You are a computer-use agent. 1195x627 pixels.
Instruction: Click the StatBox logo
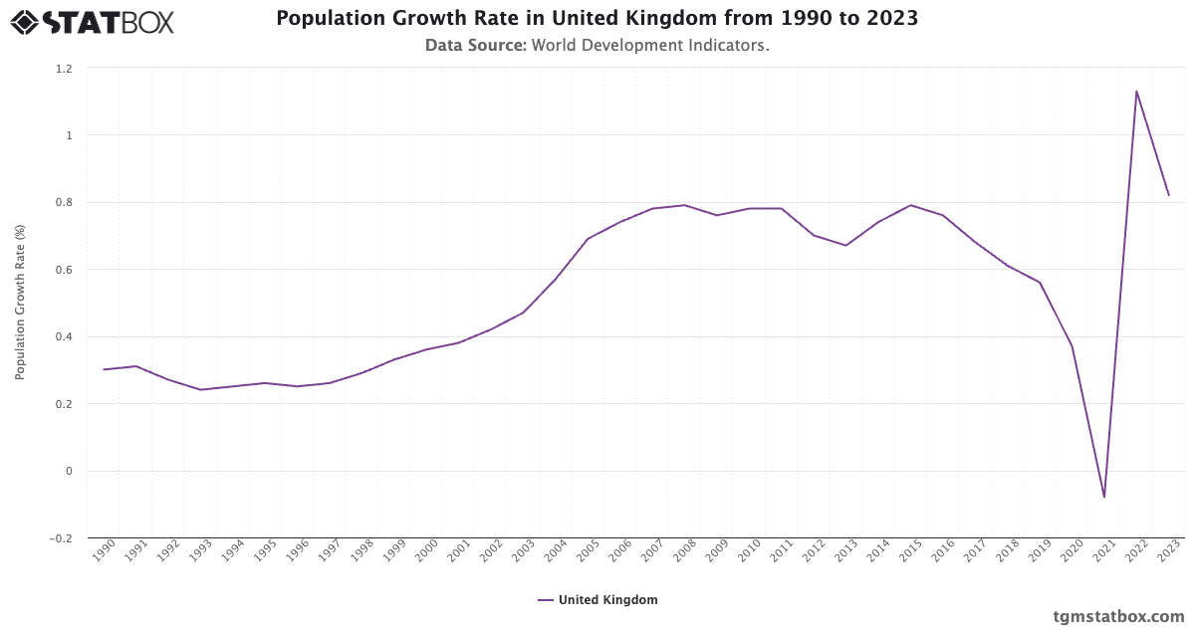93,21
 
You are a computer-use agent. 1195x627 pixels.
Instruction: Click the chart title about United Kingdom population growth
597,19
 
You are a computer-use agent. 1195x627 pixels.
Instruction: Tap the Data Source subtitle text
597,45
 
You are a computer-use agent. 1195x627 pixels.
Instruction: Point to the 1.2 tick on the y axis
64,68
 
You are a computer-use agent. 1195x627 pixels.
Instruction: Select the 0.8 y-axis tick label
64,202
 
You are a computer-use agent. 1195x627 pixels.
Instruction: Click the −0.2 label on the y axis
61,538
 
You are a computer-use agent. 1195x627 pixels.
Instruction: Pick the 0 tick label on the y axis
69,471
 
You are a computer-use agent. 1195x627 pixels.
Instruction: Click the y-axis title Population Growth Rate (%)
20,302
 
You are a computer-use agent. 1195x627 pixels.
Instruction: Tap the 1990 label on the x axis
104,551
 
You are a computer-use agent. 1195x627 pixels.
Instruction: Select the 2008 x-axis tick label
684,551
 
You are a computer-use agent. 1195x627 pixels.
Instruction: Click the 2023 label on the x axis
1168,551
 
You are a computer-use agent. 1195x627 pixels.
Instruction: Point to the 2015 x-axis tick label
910,551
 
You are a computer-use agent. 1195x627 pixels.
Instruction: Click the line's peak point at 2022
1136,92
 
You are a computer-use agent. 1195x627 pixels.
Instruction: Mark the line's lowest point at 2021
1104,497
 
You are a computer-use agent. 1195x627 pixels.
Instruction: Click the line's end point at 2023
1168,195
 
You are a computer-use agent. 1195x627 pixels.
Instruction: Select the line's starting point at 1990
104,369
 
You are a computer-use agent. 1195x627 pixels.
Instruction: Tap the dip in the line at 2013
845,245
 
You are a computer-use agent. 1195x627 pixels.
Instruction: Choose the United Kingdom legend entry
597,600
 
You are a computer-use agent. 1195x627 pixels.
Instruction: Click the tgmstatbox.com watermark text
1118,616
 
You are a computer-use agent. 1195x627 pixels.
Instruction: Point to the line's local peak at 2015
910,205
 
